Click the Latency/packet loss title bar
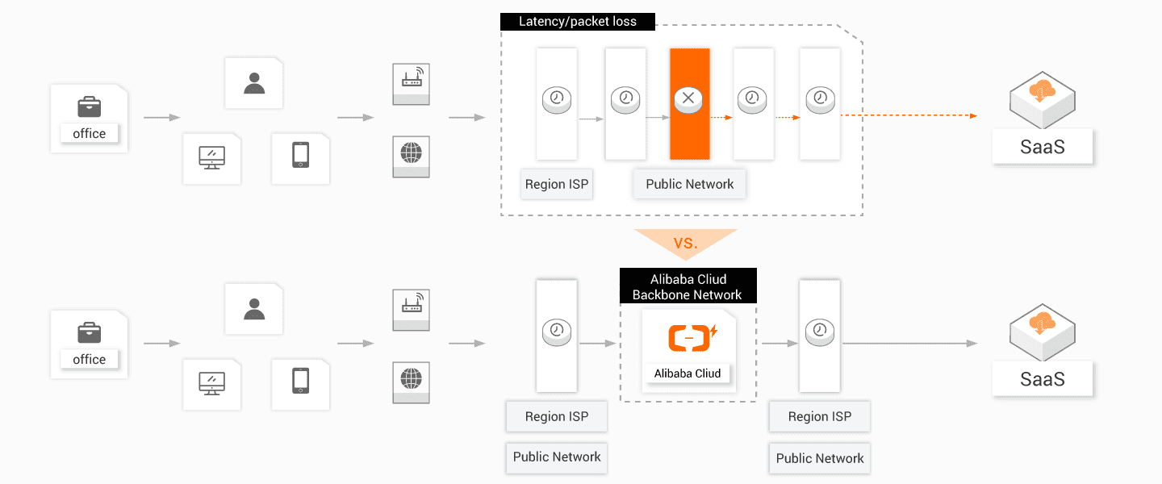click(x=577, y=22)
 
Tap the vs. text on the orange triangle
click(x=685, y=241)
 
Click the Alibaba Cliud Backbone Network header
click(x=688, y=286)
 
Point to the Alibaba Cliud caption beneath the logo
click(x=688, y=373)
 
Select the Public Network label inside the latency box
click(x=689, y=184)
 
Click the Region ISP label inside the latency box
click(x=557, y=184)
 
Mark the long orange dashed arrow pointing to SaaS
click(x=908, y=116)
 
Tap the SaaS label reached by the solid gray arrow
click(x=1043, y=379)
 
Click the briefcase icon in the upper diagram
click(x=89, y=106)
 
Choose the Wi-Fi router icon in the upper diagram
click(x=412, y=78)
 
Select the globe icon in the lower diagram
click(x=412, y=378)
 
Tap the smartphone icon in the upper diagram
click(x=300, y=155)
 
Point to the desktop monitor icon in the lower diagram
click(x=211, y=382)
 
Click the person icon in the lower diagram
click(x=254, y=309)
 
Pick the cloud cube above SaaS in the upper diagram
click(x=1043, y=95)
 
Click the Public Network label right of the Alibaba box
click(x=820, y=458)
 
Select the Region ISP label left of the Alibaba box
click(x=557, y=416)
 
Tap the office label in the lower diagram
click(x=90, y=360)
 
